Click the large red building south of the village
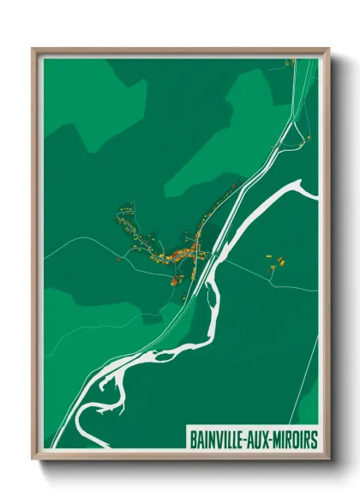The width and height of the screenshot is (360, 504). click(x=175, y=280)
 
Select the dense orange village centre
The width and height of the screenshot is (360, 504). click(x=184, y=253)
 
